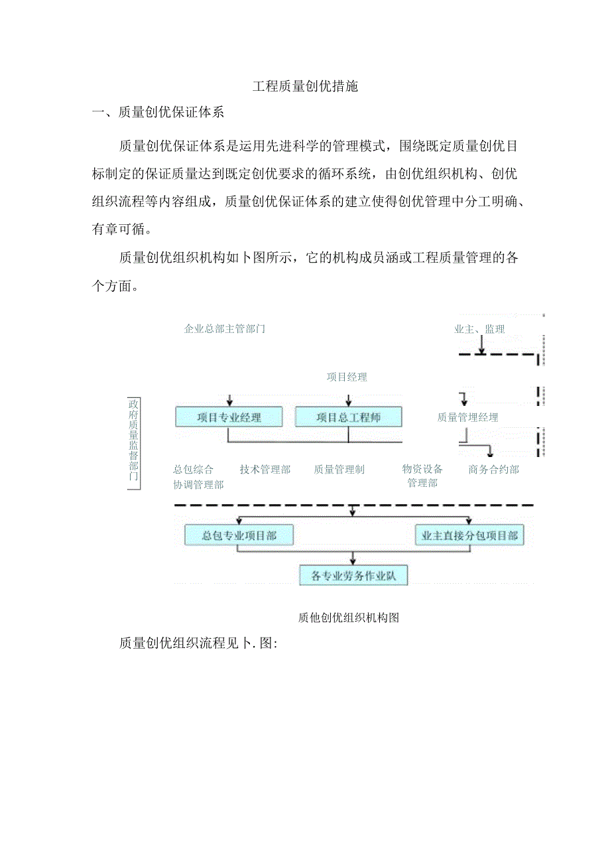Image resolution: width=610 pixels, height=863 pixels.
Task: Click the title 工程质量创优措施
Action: tap(305, 86)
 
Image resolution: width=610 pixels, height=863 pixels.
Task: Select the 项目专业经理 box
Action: tap(229, 417)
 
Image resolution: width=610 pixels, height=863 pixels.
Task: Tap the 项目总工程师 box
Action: tap(348, 417)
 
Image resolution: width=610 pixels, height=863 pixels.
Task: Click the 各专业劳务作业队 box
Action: tap(353, 575)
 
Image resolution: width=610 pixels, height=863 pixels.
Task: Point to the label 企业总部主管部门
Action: tap(224, 328)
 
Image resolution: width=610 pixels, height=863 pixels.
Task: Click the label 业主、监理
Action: tap(479, 329)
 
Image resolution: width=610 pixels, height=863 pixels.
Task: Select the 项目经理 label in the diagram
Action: tap(346, 377)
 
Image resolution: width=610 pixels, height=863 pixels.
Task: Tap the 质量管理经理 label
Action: tap(467, 417)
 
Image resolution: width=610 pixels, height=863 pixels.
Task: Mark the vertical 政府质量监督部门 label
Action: tap(133, 442)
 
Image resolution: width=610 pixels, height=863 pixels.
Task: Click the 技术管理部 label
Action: tap(265, 470)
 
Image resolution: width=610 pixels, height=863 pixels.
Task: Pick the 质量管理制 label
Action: tap(339, 470)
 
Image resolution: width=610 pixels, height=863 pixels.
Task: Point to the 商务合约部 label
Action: tap(493, 470)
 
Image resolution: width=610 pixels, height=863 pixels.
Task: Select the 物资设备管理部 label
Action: tap(422, 476)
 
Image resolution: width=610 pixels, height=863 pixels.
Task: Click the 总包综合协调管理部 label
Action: tap(198, 477)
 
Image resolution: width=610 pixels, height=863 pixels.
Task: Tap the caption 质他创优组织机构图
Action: tap(348, 618)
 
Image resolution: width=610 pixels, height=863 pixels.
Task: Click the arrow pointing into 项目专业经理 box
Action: tap(229, 401)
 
